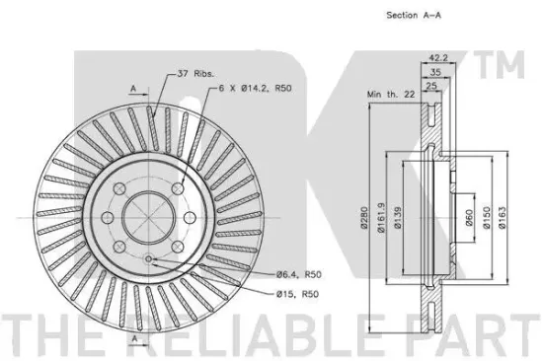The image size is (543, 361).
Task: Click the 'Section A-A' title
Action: pos(414,15)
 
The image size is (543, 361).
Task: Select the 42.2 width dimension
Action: pos(438,58)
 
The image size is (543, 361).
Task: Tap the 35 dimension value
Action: pos(435,72)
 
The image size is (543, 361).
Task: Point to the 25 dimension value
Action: pos(430,86)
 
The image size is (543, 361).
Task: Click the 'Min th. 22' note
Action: pos(391,94)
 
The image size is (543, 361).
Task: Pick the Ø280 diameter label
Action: pos(364,217)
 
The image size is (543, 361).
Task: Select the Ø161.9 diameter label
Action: pos(381,217)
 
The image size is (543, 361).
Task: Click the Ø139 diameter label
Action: pos(398,217)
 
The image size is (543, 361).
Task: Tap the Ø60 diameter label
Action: pos(469,217)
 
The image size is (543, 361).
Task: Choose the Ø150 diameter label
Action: pos(487,217)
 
